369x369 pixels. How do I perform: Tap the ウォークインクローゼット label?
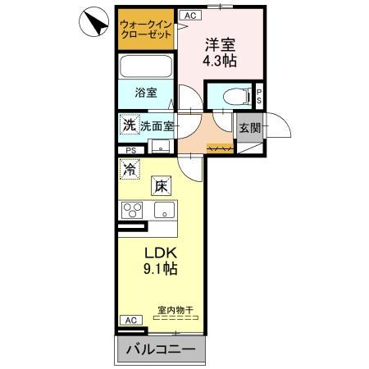click(146, 30)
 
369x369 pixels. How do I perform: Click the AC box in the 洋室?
click(189, 16)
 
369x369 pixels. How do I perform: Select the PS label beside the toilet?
click(258, 96)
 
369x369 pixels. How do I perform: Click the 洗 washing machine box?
click(128, 125)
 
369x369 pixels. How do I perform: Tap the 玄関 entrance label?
click(249, 128)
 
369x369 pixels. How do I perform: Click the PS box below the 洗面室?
click(130, 150)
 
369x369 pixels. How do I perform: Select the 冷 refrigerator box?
click(130, 170)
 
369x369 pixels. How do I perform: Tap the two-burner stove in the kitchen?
click(133, 209)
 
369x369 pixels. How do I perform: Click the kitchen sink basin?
click(166, 211)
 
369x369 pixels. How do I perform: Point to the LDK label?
click(162, 253)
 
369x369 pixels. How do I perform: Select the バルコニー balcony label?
click(162, 351)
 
